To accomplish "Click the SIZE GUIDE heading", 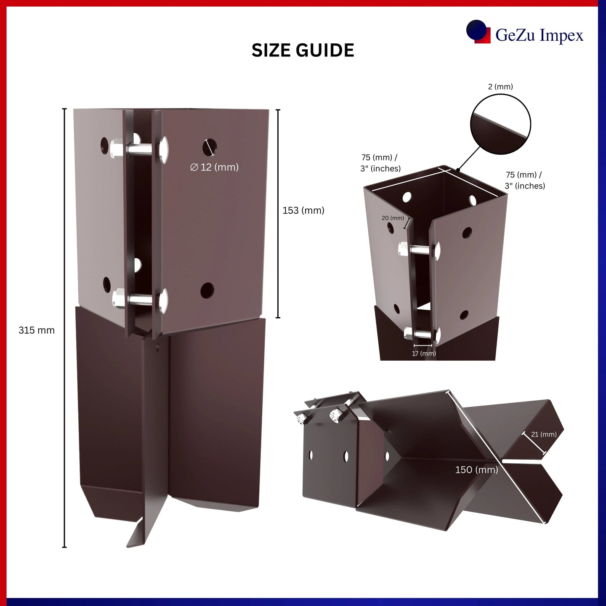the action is coord(303,50).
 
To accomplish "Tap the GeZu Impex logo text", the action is coord(540,35).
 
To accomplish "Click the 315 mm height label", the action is coord(37,330).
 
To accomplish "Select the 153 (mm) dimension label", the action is coord(303,210).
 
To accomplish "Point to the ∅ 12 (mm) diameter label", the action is coord(215,167).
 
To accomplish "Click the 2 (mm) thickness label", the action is coord(500,87).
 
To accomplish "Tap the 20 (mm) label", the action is coord(393,218).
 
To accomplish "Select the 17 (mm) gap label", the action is coord(424,353).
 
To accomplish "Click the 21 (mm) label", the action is coord(544,434).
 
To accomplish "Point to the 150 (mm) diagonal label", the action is coord(476,470).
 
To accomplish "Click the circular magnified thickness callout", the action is coord(500,125).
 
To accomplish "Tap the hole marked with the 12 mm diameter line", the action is coord(210,147).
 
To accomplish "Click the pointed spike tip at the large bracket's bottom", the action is coord(128,547).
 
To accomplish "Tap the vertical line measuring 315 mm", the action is coord(64,328).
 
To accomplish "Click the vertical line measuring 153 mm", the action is coord(278,213).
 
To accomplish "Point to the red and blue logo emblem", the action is coord(478,32).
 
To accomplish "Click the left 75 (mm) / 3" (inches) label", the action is coord(380,163).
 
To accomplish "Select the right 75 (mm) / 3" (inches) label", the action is coord(525,180).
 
